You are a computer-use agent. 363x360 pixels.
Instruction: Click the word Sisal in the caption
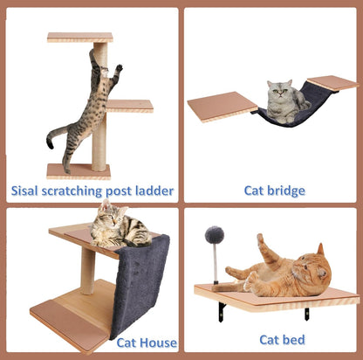[28, 190]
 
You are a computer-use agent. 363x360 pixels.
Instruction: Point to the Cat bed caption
[282, 339]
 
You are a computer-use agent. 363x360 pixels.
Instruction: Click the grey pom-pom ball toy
[214, 235]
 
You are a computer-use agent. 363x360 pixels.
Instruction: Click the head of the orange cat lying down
[313, 267]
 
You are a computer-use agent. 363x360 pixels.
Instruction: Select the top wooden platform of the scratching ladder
[79, 38]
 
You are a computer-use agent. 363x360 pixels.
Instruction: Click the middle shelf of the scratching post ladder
[131, 106]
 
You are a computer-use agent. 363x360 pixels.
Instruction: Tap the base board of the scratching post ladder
[79, 170]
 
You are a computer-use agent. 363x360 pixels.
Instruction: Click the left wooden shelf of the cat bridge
[221, 106]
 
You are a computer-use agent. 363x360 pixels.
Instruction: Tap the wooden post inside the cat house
[87, 269]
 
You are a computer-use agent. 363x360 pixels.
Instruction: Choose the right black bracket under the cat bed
[306, 313]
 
